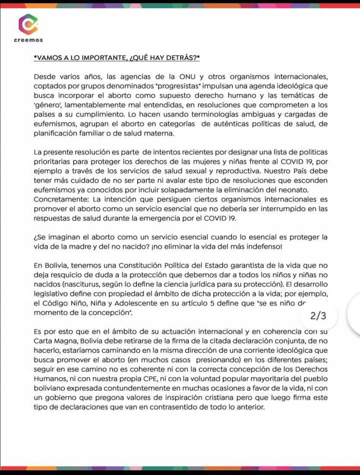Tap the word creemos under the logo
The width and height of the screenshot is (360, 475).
[x=28, y=40]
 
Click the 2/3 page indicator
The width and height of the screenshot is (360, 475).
[x=319, y=316]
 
